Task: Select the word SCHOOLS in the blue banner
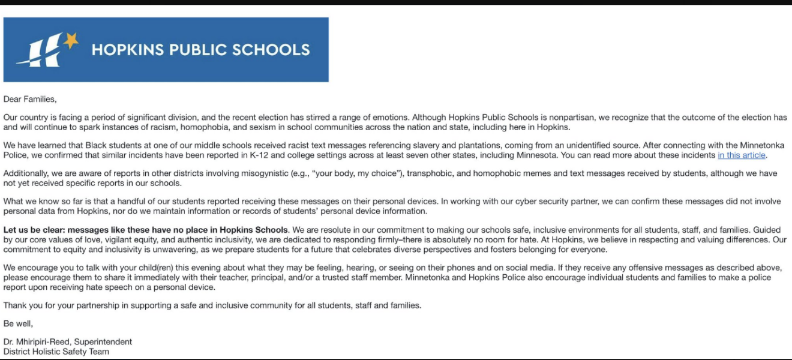tap(274, 50)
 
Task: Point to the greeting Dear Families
tap(30, 99)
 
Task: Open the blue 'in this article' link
tap(742, 155)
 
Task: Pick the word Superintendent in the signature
tap(103, 342)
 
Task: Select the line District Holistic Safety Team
tap(56, 352)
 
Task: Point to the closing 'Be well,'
tap(18, 323)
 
